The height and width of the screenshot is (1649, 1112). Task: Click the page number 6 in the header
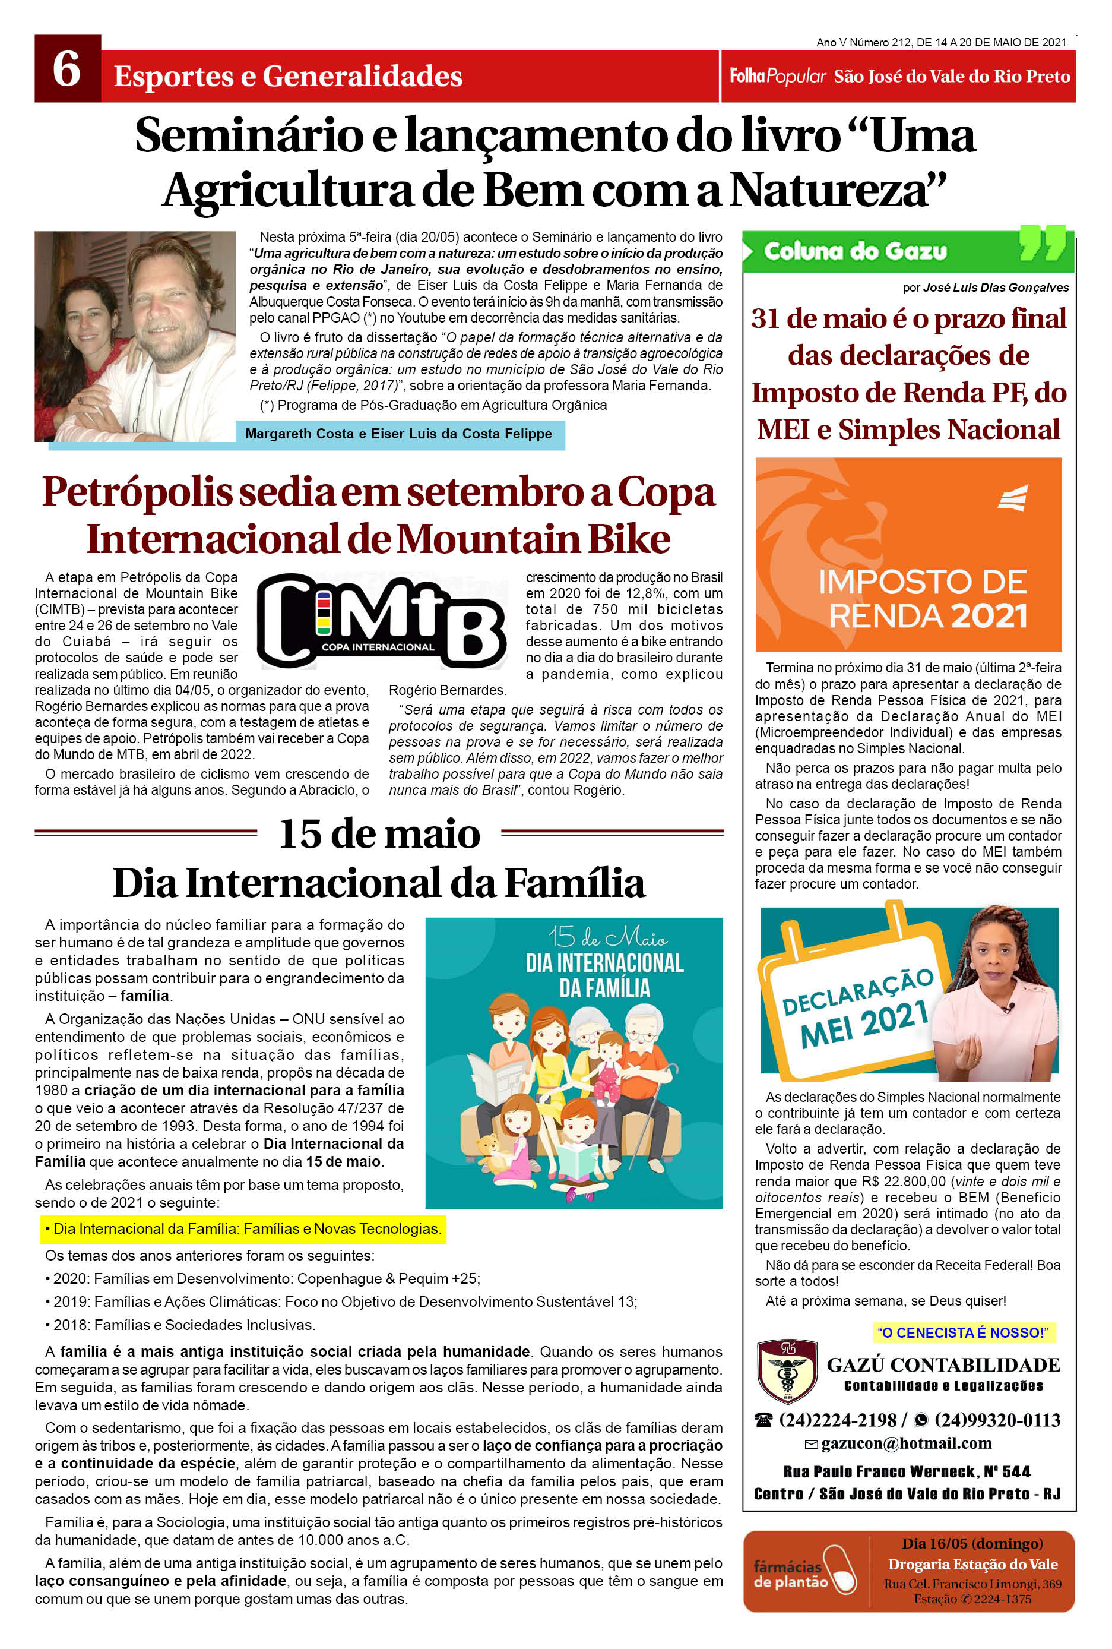[x=66, y=69]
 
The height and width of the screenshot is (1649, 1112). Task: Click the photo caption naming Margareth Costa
[x=398, y=434]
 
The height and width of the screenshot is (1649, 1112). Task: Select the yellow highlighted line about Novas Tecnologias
[x=243, y=1228]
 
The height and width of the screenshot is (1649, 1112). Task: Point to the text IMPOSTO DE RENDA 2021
[x=923, y=598]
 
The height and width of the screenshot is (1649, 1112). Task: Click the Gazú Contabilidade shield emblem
[x=786, y=1371]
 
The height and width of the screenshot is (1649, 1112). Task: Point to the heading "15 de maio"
[x=379, y=833]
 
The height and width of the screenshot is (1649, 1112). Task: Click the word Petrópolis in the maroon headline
[x=138, y=492]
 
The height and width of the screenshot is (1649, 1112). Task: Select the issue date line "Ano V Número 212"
[x=940, y=43]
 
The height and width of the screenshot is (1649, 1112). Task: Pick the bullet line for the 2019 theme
[x=340, y=1301]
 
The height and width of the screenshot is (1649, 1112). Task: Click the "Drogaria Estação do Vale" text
[x=972, y=1564]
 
